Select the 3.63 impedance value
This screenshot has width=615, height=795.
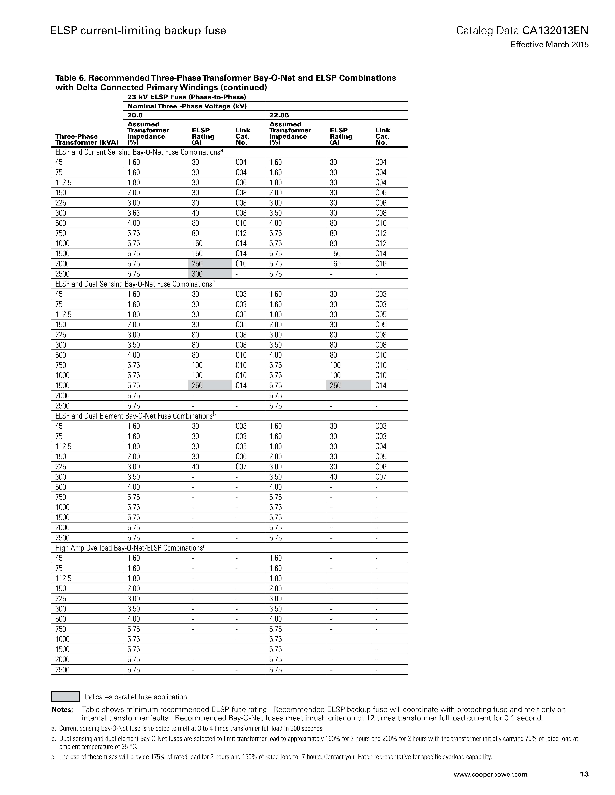click(x=133, y=213)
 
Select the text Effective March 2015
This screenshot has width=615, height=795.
click(x=549, y=45)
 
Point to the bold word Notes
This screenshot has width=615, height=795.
click(x=62, y=709)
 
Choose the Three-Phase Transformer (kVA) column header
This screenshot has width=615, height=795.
click(x=86, y=139)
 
